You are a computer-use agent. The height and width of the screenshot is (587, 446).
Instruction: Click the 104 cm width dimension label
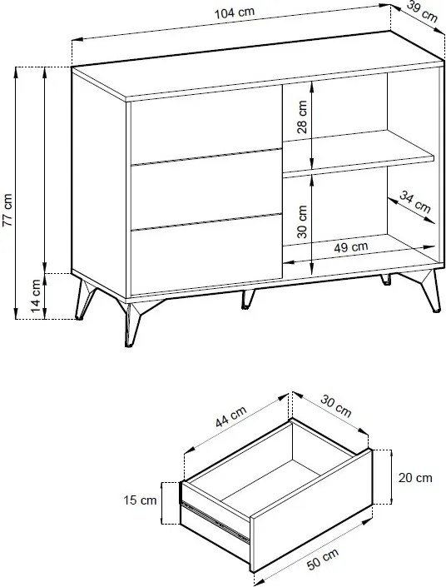click(235, 12)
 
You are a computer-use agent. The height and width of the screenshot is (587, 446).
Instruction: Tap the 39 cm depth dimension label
click(422, 12)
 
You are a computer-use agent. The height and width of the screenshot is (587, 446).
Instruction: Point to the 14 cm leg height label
click(36, 296)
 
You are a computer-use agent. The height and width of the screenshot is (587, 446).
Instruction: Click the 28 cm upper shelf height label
click(301, 117)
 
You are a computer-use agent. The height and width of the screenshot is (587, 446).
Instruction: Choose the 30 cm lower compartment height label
click(301, 221)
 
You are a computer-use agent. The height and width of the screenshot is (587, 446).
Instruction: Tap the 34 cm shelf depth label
click(415, 201)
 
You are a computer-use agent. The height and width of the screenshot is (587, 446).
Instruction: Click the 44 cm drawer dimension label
click(230, 416)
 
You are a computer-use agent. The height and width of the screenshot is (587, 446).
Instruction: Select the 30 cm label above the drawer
click(336, 406)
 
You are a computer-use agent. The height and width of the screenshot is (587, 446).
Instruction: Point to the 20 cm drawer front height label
click(415, 478)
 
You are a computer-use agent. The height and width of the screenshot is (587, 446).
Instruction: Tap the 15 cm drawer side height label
click(140, 500)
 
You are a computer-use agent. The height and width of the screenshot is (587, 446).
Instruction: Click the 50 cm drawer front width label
click(323, 559)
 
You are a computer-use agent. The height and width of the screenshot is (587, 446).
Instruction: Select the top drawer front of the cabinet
click(206, 125)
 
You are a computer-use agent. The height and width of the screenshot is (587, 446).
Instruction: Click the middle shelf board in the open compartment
click(358, 154)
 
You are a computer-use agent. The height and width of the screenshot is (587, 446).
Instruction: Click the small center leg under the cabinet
click(247, 299)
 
